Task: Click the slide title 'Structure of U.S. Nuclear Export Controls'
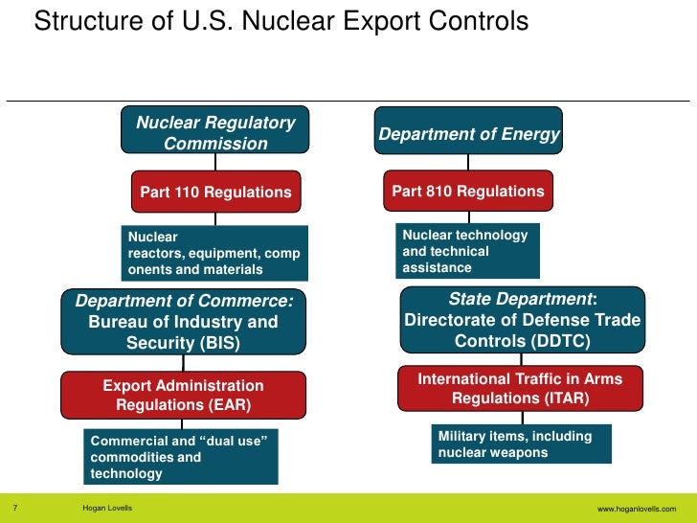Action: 281,21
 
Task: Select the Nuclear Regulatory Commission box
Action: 215,132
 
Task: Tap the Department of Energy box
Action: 468,135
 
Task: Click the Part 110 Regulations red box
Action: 215,192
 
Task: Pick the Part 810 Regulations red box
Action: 468,191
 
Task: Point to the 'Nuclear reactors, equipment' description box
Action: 214,252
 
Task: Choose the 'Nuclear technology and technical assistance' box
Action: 467,251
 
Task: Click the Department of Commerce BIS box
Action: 184,322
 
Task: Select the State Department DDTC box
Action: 522,321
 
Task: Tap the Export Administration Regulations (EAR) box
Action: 184,396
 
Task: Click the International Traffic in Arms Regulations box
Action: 520,388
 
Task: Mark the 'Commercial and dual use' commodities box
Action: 179,456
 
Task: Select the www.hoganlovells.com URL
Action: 636,509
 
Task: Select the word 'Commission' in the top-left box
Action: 215,144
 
